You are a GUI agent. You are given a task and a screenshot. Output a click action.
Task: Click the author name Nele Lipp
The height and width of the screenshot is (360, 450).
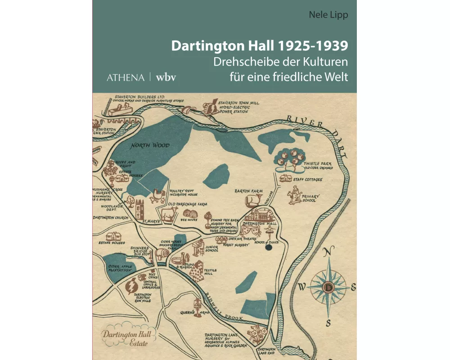pos(328,14)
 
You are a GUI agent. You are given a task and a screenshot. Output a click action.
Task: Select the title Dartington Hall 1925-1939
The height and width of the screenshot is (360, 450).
pos(259,46)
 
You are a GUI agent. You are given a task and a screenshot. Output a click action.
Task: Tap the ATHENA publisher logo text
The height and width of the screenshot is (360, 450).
pos(126,77)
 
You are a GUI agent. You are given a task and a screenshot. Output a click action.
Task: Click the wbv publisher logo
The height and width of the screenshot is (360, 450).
pos(166,77)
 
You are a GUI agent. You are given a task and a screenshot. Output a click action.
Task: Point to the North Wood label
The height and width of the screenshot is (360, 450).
pos(150,145)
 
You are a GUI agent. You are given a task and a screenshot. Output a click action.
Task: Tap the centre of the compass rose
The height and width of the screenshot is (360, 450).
pos(329,287)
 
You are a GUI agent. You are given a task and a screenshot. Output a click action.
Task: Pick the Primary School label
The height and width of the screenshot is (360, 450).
pos(310,198)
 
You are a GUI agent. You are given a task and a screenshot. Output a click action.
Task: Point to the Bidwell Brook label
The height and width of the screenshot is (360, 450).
pos(224,306)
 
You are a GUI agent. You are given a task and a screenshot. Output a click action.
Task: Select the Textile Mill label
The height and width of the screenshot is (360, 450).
pos(210,272)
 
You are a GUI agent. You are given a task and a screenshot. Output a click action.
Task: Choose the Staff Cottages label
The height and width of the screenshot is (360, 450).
pos(307,180)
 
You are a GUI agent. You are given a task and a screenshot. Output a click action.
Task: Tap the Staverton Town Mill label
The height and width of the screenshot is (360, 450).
pos(238,107)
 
